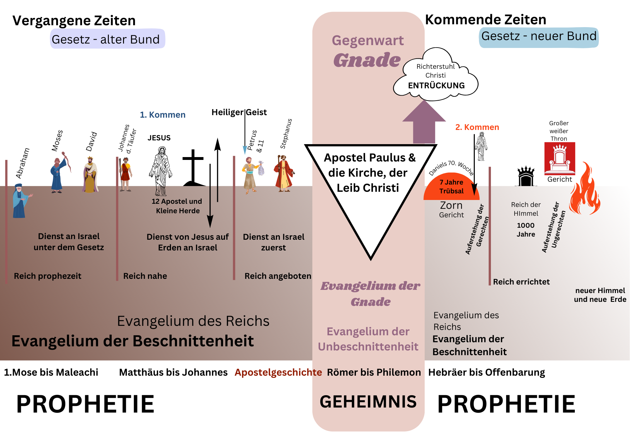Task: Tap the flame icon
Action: coord(585,188)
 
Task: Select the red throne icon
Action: coord(560,158)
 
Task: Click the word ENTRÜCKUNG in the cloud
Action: coord(436,85)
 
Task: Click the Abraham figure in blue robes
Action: coord(21,201)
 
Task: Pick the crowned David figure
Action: coord(91,174)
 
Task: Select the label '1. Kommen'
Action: coord(162,115)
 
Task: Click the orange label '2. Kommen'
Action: coord(477,127)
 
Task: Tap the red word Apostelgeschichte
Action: coord(278,373)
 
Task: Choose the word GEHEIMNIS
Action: coord(368,402)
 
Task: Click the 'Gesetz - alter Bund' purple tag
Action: coord(107,39)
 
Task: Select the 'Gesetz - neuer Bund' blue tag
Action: coord(539,37)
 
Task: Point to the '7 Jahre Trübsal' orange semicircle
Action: coord(451,187)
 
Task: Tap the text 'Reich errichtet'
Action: coord(521,282)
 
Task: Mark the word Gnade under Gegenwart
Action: coord(367,60)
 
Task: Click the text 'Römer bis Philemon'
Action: coord(374,373)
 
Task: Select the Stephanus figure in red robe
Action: coord(284,173)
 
